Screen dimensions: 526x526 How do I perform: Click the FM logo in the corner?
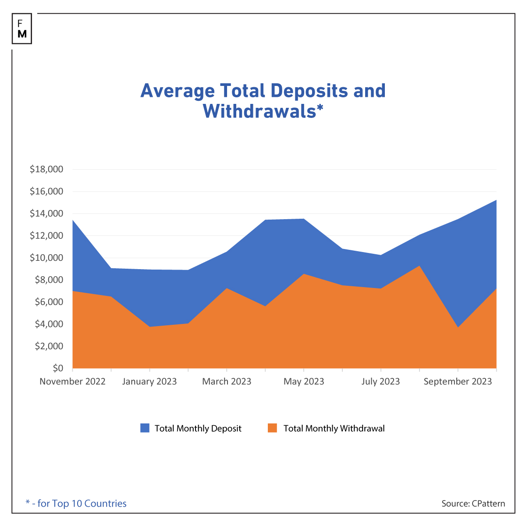22,29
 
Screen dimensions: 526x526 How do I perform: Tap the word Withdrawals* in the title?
263,111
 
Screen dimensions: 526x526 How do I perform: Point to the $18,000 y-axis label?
46,169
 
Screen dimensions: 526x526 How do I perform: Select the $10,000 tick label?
46,258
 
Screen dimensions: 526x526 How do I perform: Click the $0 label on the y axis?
57,368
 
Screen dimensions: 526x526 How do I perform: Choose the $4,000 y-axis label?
48,324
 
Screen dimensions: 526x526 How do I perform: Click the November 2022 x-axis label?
73,381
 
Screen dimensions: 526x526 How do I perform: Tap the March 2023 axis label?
227,381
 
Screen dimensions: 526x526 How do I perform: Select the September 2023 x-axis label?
458,381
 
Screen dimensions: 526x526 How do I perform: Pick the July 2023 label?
380,381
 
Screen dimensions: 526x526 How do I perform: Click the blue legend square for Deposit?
145,428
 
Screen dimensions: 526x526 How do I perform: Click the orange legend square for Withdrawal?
273,428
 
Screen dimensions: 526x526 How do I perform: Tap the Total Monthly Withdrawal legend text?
334,428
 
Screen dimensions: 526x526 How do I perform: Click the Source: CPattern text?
473,503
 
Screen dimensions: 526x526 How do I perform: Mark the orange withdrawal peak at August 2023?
419,267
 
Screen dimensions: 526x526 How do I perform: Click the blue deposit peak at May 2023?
304,219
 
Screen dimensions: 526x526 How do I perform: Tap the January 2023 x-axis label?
149,381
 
